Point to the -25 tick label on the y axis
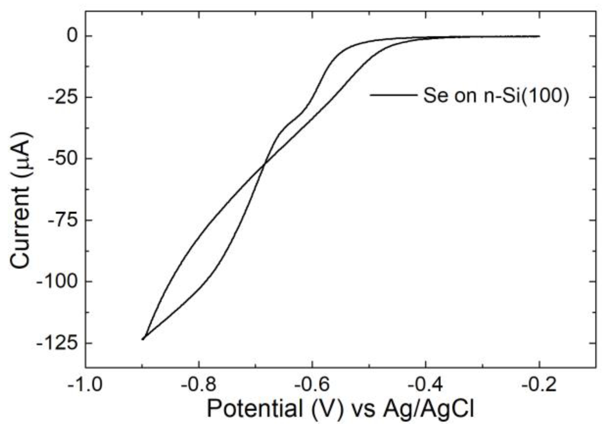(x=64, y=97)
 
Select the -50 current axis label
(x=64, y=159)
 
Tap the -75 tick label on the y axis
(x=64, y=220)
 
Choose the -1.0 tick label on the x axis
(x=85, y=385)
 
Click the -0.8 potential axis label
(x=198, y=385)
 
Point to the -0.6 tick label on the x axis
(x=312, y=385)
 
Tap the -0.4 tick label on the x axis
(x=425, y=385)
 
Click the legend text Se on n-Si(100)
(x=496, y=96)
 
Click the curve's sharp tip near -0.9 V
(x=142, y=339)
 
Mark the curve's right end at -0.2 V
(x=539, y=36)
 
